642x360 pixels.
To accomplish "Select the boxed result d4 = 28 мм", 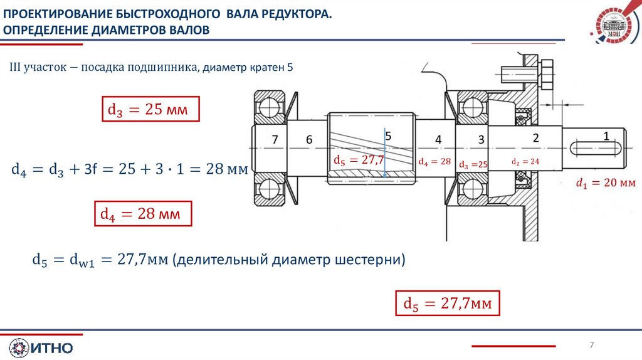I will (142, 214).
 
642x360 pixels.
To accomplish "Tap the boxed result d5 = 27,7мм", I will (448, 304).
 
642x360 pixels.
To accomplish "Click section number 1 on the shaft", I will (606, 135).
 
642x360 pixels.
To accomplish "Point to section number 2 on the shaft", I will (535, 137).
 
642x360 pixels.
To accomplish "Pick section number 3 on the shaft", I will (481, 139).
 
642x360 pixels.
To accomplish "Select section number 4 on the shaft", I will (438, 139).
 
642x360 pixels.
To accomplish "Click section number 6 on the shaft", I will (309, 140).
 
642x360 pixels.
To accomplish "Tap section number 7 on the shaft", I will (275, 140).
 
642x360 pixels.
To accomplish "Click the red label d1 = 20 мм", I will (606, 183).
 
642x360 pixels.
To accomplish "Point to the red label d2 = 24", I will (525, 161).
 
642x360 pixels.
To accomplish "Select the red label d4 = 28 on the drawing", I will (434, 162).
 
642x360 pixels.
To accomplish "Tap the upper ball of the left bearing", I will (270, 104).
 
